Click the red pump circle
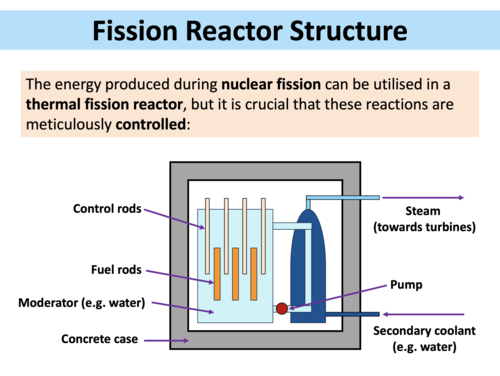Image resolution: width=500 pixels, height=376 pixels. pyautogui.click(x=282, y=308)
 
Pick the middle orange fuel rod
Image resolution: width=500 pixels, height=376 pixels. pyautogui.click(x=236, y=273)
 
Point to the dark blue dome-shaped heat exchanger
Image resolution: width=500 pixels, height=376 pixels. pyautogui.click(x=304, y=260)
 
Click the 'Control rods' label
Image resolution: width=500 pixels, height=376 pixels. pyautogui.click(x=107, y=209)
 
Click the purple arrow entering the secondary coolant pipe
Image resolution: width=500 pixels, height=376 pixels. pyautogui.click(x=420, y=314)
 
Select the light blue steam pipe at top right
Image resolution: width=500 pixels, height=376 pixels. pyautogui.click(x=345, y=198)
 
